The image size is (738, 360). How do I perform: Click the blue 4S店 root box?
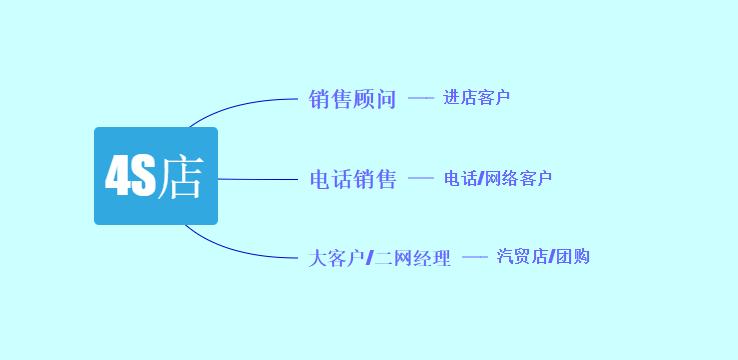click(155, 176)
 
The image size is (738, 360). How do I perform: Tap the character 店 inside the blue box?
click(180, 178)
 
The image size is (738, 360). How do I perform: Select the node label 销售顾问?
click(353, 99)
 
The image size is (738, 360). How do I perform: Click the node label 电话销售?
click(353, 180)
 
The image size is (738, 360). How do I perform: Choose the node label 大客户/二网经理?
click(380, 258)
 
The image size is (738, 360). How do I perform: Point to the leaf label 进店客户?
click(477, 98)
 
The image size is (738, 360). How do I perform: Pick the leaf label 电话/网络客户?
click(498, 179)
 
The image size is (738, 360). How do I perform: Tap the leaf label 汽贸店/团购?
click(543, 257)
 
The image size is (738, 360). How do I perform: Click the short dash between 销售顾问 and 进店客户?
click(421, 98)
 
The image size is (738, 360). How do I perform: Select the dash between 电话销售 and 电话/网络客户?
click(421, 179)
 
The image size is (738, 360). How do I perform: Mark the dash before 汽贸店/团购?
click(474, 257)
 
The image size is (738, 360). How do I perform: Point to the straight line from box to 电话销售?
click(260, 180)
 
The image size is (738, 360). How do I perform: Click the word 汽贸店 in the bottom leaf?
click(523, 257)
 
